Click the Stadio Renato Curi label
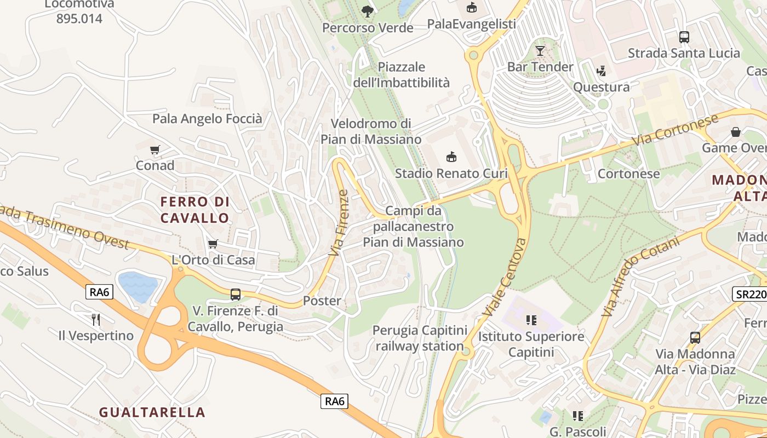[x=451, y=174]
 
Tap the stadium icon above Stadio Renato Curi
[x=451, y=157]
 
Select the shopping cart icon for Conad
[x=155, y=149]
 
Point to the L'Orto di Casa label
[x=213, y=260]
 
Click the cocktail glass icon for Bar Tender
[x=540, y=51]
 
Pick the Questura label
[x=601, y=87]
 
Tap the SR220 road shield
[x=750, y=294]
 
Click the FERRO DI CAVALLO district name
[x=194, y=210]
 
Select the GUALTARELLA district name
[x=152, y=412]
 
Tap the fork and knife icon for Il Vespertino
[x=96, y=319]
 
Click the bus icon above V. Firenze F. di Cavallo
[x=235, y=295]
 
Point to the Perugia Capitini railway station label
[x=420, y=338]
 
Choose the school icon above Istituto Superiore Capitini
[x=531, y=320]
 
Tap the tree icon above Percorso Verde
[x=367, y=11]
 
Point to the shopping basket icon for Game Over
[x=735, y=132]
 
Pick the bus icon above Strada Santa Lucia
[x=684, y=37]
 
